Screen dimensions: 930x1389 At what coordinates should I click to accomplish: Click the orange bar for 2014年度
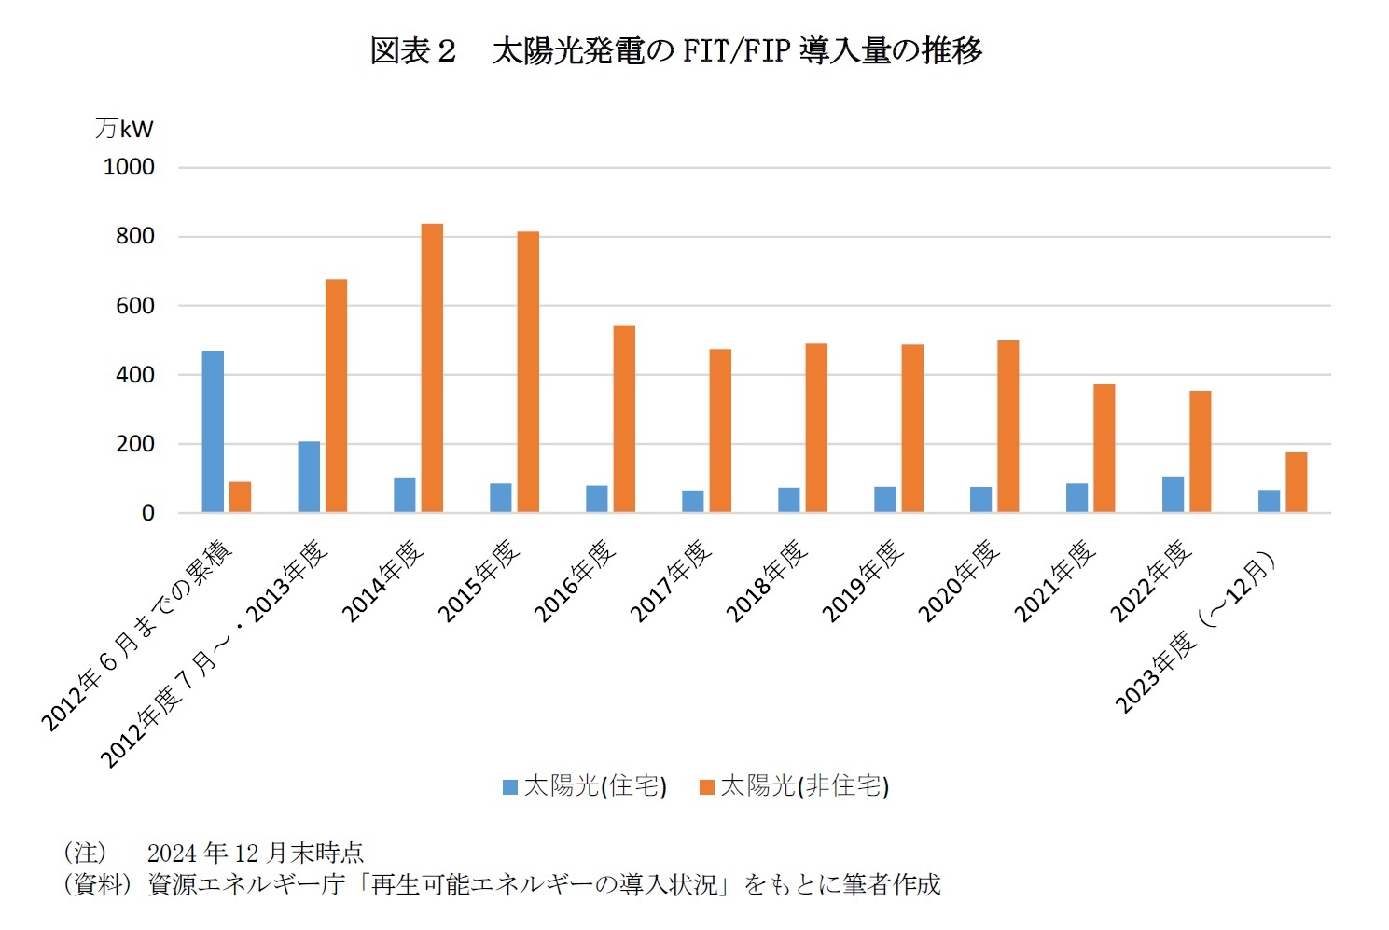click(x=432, y=368)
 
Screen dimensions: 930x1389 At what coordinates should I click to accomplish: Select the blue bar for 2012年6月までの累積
click(x=213, y=431)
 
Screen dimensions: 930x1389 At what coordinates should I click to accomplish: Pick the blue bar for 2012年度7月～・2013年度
click(x=309, y=477)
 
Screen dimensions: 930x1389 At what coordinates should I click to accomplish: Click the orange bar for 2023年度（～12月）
click(x=1296, y=482)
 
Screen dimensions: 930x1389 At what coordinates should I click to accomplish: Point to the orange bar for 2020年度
click(x=1007, y=426)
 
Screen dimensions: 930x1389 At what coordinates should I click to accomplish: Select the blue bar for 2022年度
click(x=1173, y=494)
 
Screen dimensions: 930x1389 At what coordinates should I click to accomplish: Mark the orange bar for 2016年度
click(x=624, y=418)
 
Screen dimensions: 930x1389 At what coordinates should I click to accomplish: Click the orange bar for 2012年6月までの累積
click(x=240, y=497)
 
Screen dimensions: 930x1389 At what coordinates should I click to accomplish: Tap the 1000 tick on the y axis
click(x=129, y=167)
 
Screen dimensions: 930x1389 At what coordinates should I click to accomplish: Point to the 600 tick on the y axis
click(x=135, y=306)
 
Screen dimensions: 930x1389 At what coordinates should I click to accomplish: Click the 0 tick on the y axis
click(x=147, y=513)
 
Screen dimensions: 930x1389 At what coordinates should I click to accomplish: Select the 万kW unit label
click(x=123, y=128)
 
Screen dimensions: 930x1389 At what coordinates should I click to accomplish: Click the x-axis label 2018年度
click(x=767, y=580)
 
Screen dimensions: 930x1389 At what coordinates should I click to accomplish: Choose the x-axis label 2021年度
click(x=1055, y=580)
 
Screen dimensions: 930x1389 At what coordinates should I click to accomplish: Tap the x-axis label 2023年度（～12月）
click(x=1196, y=634)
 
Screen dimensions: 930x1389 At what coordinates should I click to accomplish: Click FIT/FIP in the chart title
click(x=735, y=50)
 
